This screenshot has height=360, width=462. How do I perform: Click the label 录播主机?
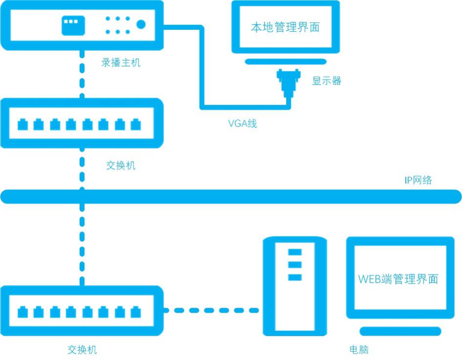coord(121,63)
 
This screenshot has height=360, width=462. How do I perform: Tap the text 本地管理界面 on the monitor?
coord(286,27)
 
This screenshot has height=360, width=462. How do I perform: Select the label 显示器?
coord(327,81)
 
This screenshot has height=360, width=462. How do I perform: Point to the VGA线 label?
coord(242,124)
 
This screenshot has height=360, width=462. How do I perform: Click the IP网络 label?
coord(418,180)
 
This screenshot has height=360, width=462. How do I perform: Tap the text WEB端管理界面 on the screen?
coord(398,279)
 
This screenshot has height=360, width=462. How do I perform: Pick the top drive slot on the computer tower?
coord(295,253)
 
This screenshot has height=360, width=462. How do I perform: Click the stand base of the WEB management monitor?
coord(400,331)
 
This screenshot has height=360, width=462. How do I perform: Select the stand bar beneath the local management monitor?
coord(286,62)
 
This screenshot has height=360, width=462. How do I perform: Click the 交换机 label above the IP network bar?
coord(121,166)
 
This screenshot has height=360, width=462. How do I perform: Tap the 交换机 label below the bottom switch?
coord(82,350)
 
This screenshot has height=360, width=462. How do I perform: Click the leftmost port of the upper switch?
coord(22,125)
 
